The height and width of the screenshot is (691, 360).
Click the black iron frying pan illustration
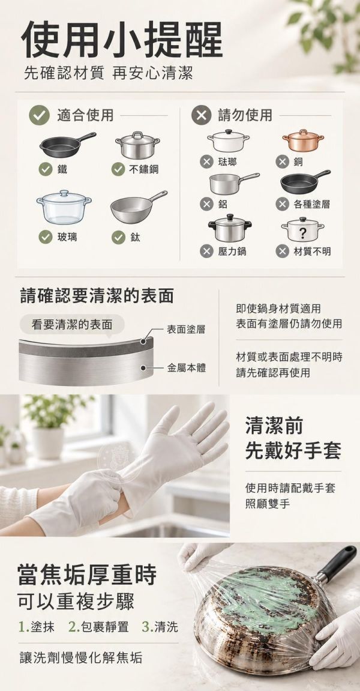[x=66, y=145]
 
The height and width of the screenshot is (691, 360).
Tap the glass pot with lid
[x=64, y=207]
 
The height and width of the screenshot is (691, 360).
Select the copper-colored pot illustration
[x=303, y=140]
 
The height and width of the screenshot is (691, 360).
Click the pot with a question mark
[x=303, y=229]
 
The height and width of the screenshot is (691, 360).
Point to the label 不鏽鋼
[x=143, y=169]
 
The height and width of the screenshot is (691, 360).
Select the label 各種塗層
[x=311, y=204]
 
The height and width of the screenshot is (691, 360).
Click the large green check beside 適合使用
[x=39, y=115]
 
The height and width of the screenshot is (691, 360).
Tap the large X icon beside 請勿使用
[x=201, y=115]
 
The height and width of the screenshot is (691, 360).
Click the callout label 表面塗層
[x=185, y=329]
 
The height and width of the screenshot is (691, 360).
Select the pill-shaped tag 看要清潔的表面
[x=72, y=325]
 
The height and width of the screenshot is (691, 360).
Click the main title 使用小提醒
[x=121, y=39]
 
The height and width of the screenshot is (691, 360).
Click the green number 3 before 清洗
[x=146, y=627]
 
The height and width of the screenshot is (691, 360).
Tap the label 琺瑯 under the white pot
[x=227, y=161]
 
